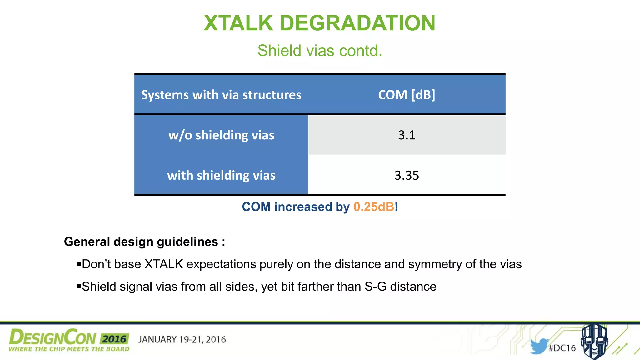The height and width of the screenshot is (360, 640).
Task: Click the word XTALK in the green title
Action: pyautogui.click(x=238, y=23)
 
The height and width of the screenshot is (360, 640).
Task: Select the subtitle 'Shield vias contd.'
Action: pyautogui.click(x=320, y=51)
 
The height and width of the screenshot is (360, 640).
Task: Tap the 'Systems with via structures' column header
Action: pyautogui.click(x=221, y=95)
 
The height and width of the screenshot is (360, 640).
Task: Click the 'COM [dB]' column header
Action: pyautogui.click(x=407, y=95)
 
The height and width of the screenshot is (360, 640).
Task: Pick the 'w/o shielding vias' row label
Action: pyautogui.click(x=221, y=135)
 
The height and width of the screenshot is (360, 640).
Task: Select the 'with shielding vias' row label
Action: pyautogui.click(x=221, y=175)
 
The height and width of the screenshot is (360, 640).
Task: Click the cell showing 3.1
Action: pyautogui.click(x=407, y=135)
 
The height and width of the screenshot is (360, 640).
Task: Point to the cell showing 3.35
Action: pyautogui.click(x=407, y=175)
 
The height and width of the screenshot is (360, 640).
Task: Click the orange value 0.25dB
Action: pyautogui.click(x=374, y=207)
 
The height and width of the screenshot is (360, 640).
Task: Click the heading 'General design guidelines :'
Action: pyautogui.click(x=144, y=242)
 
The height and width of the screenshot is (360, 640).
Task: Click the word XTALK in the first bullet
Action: pyautogui.click(x=163, y=264)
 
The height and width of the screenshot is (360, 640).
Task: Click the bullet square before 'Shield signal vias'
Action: pyautogui.click(x=79, y=286)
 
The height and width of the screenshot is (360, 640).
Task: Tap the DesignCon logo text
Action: pyautogui.click(x=52, y=338)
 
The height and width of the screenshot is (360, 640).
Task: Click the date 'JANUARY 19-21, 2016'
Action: pyautogui.click(x=182, y=340)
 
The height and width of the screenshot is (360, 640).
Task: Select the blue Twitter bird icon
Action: pyautogui.click(x=538, y=346)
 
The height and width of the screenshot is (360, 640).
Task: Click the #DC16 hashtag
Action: pyautogui.click(x=562, y=348)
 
